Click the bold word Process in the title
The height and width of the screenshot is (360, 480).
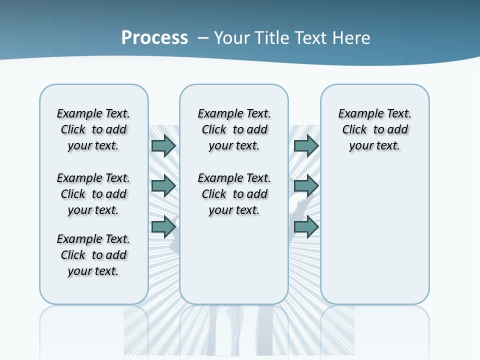click(154, 38)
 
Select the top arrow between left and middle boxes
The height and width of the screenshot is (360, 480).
click(163, 145)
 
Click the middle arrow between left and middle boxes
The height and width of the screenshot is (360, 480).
click(163, 186)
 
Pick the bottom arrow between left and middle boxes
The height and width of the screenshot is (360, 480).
click(163, 226)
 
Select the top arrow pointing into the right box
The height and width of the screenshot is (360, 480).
click(306, 145)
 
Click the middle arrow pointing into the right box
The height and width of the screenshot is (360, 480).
click(306, 186)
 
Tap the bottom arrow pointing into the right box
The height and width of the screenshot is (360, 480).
click(306, 226)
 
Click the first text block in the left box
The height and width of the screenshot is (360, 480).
click(93, 129)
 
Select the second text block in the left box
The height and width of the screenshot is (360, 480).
click(93, 194)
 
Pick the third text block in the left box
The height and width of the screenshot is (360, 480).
click(93, 255)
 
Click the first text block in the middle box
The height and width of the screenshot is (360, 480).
click(234, 129)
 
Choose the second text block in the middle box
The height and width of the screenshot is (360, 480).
click(234, 194)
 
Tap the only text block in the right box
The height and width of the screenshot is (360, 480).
click(374, 129)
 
